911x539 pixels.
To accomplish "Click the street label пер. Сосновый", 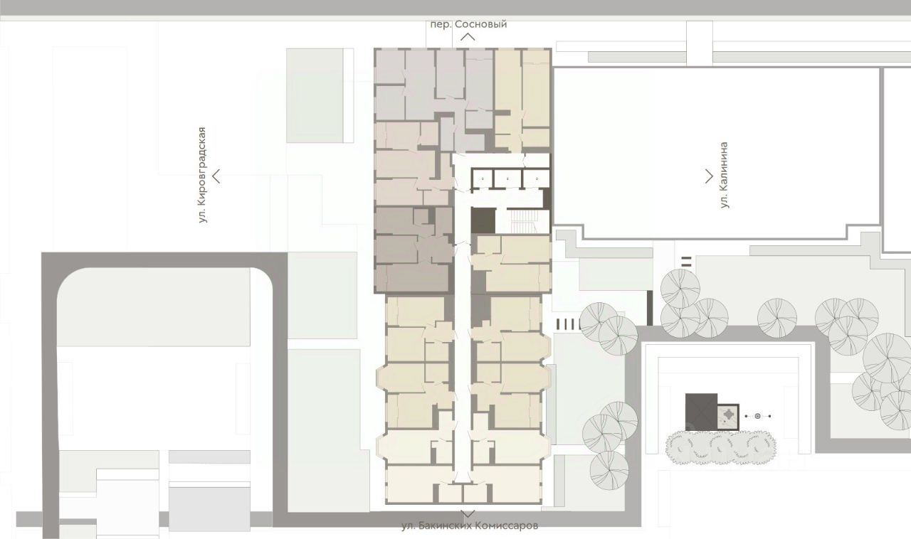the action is pos(468,24).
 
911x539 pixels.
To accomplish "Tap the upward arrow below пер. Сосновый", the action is pos(468,36).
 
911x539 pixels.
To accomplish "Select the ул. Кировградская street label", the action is pos(202,175).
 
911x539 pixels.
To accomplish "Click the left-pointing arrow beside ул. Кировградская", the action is pos(216,176).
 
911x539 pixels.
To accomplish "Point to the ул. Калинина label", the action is pos(723,175).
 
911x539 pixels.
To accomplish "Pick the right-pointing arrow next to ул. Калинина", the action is pos(709,176).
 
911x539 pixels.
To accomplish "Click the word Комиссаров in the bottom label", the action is pos(506,525).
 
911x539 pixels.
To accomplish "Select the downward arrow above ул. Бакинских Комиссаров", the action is pos(468,514).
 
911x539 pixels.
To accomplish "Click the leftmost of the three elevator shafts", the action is pos(483,179).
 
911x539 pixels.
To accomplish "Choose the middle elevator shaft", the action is pos(507,179).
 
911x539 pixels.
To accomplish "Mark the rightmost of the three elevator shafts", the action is pos(537,179).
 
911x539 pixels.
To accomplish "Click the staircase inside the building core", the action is pos(524,221).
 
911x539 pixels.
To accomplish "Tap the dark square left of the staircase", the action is pos(483,220).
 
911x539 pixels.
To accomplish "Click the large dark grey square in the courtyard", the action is pos(701,412).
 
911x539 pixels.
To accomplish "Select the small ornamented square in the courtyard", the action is pos(728,417).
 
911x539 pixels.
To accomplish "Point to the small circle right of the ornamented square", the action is pos(758,416).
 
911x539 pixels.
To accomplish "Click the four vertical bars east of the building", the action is pos(569,324).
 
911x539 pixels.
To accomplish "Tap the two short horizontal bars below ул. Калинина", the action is pos(687,262).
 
